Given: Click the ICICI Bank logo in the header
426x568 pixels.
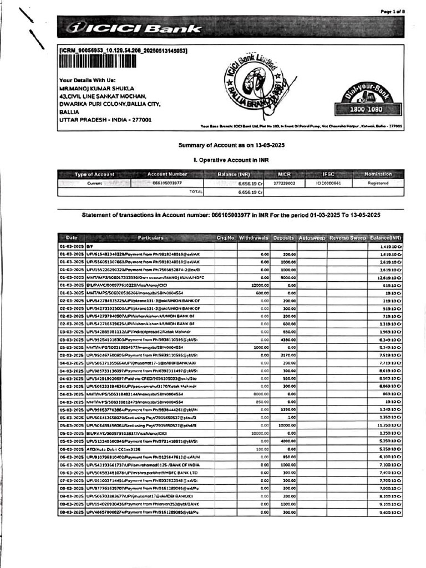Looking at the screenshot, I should click(133, 28).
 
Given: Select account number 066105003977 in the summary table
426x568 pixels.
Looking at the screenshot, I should click(167, 182).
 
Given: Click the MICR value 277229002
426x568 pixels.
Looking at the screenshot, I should click(285, 182).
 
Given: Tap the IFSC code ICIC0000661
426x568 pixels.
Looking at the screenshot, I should click(328, 182).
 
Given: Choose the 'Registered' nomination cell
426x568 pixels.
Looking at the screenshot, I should click(378, 182).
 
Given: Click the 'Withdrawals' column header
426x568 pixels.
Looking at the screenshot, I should click(253, 238).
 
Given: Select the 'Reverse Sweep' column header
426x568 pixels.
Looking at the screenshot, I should click(347, 238).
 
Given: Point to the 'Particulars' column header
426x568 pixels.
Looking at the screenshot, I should click(150, 238).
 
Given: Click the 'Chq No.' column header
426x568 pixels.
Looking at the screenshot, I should click(226, 238).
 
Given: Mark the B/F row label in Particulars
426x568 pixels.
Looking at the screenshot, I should click(90, 246).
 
